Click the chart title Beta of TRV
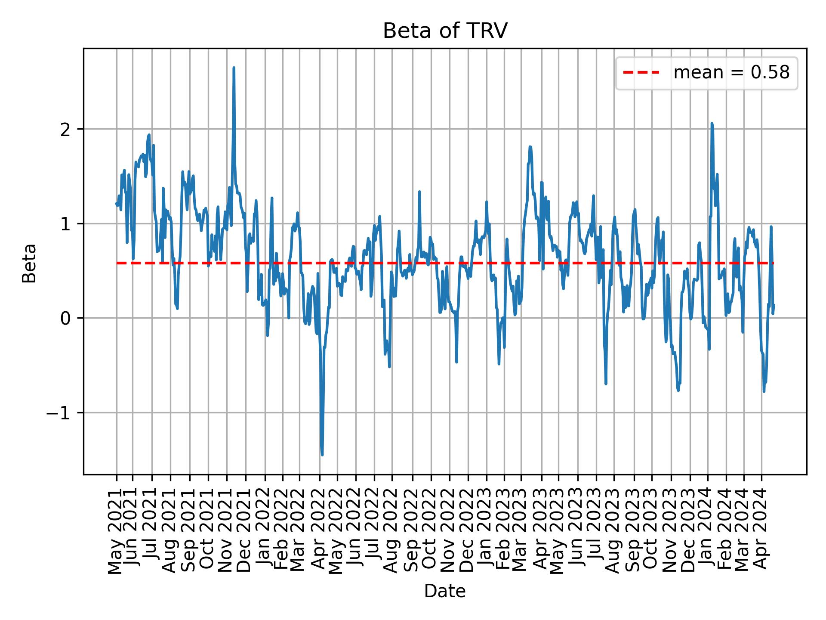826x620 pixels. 445,31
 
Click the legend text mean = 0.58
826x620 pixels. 731,73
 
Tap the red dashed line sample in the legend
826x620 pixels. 641,73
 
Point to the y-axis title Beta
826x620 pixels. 29,263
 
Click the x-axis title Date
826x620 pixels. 445,591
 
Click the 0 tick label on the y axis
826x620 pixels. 65,318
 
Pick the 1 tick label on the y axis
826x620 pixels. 65,224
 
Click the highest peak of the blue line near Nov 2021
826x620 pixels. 234,68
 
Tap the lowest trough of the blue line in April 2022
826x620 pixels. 322,455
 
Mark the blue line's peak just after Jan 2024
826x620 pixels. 712,123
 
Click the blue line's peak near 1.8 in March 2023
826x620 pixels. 530,147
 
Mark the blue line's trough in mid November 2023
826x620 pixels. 678,391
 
